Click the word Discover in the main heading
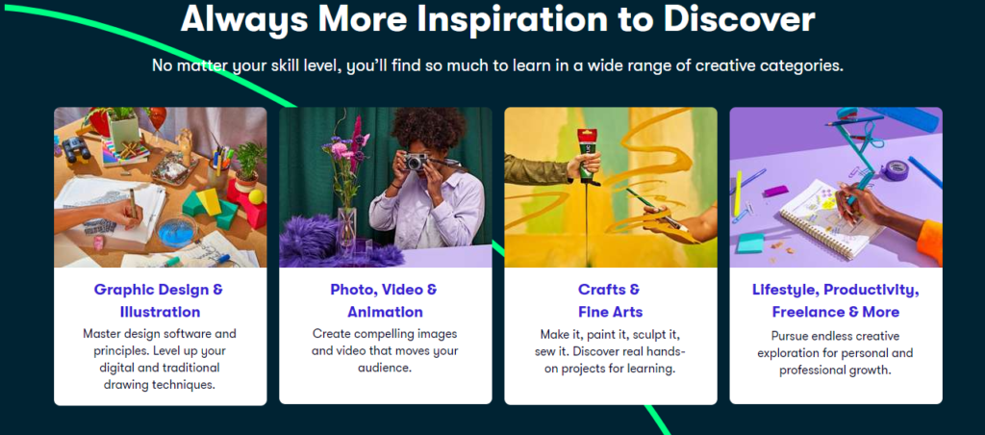pyautogui.click(x=739, y=19)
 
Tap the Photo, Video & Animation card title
pyautogui.click(x=385, y=300)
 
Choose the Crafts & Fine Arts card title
pyautogui.click(x=610, y=300)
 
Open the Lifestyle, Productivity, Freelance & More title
pyautogui.click(x=836, y=300)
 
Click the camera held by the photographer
pyautogui.click(x=416, y=162)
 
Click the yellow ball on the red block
pyautogui.click(x=256, y=196)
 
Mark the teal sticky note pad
pyautogui.click(x=750, y=243)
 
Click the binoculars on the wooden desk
pyautogui.click(x=76, y=149)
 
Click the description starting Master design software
pyautogui.click(x=161, y=359)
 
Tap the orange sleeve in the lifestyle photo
pyautogui.click(x=931, y=242)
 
